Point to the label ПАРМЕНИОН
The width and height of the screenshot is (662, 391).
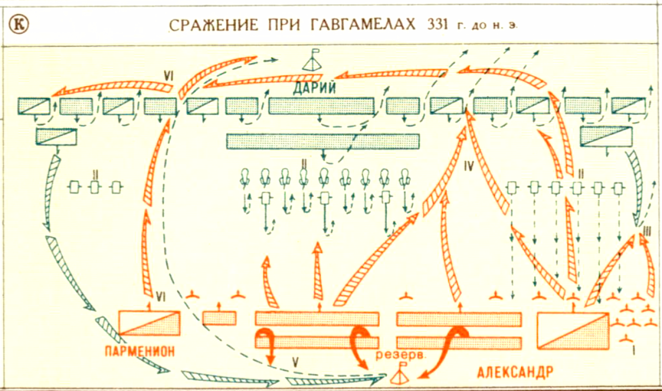pyautogui.click(x=141, y=351)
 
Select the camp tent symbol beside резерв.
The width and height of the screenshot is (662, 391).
pyautogui.click(x=401, y=376)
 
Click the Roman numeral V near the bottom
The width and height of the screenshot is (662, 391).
pyautogui.click(x=295, y=360)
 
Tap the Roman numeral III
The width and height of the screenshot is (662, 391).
pyautogui.click(x=646, y=231)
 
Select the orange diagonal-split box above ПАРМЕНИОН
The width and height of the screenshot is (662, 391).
pyautogui.click(x=149, y=322)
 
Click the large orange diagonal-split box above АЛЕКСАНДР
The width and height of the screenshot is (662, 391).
pyautogui.click(x=573, y=329)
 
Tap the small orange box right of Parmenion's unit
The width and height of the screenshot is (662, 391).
pyautogui.click(x=220, y=318)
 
